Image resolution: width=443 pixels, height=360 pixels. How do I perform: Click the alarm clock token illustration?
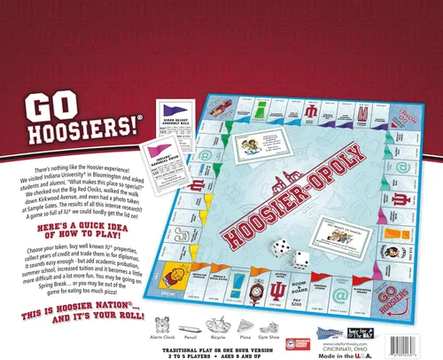point(163,325)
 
